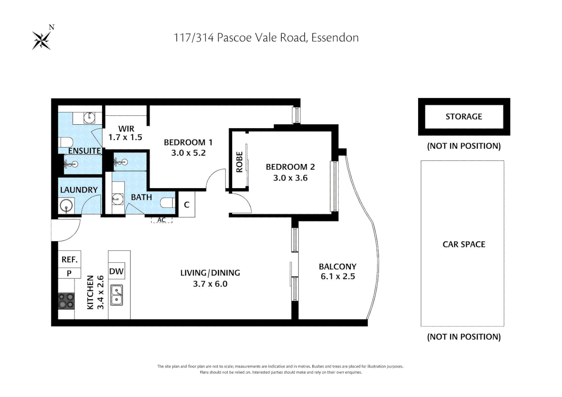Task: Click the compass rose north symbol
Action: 42,40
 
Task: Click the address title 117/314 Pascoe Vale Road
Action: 266,37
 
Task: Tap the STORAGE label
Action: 463,117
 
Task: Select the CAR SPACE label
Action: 463,244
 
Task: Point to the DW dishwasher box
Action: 117,271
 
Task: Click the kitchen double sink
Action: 117,295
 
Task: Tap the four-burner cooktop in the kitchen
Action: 66,301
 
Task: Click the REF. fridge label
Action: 70,260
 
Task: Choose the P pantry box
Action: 69,273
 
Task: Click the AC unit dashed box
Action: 161,220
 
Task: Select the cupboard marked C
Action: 186,205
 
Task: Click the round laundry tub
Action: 67,206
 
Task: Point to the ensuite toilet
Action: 66,142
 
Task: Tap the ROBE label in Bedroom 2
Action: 239,162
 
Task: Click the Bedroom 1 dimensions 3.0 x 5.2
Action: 188,153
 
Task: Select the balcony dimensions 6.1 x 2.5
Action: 338,276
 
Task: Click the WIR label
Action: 126,129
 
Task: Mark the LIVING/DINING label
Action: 210,273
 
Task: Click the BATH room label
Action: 141,197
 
